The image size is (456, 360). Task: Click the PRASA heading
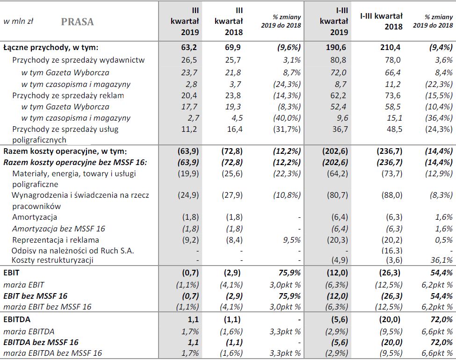(77, 22)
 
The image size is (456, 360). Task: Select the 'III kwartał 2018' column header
(229, 21)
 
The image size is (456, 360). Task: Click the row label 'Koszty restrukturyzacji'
(53, 260)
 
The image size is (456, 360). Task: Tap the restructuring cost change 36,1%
(441, 260)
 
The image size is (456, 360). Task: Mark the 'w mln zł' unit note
(18, 22)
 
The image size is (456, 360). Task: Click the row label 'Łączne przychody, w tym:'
(51, 48)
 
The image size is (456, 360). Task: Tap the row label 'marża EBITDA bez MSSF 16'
(52, 353)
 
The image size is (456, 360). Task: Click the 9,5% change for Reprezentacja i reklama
(290, 240)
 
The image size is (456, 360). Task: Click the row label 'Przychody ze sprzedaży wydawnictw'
(78, 60)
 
